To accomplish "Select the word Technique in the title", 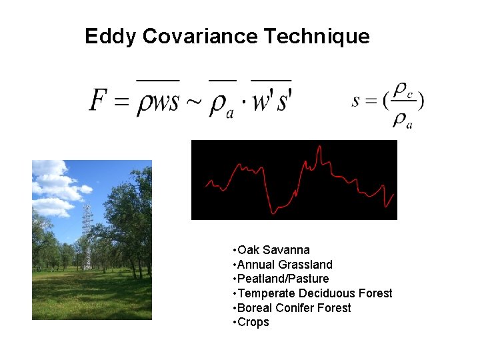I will pos(317,36).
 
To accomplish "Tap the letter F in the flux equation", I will pos(97,101).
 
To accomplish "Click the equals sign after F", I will pos(121,103).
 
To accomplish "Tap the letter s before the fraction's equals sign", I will pos(355,101).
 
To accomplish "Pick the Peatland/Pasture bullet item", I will pos(283,279).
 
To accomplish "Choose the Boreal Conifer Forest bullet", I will pos(294,308).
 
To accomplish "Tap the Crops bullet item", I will pos(253,322).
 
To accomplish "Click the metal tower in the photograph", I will pos(87,237).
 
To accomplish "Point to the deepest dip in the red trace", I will pos(273,213).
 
